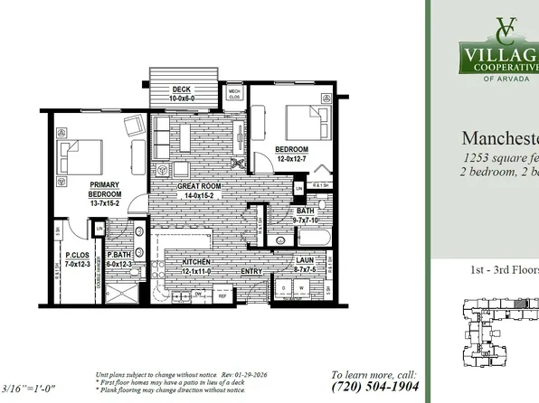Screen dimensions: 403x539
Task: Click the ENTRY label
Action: (x=251, y=270)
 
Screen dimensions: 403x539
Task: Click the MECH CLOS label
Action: (x=234, y=92)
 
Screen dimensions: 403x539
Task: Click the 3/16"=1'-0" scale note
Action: (x=30, y=389)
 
